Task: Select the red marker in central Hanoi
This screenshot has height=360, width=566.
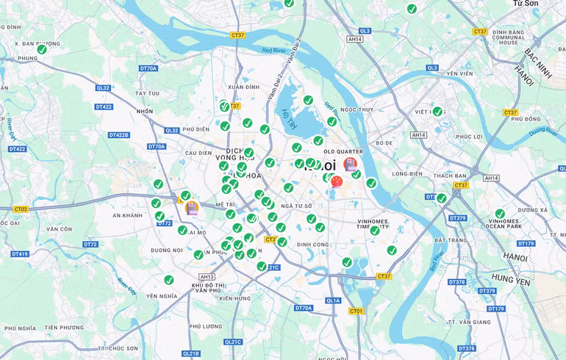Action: point(337,181)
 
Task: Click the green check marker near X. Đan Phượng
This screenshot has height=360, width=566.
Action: point(42,49)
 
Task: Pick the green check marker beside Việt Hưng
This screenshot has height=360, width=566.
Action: point(437,112)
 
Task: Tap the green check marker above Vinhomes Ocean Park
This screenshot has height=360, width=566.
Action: point(500,214)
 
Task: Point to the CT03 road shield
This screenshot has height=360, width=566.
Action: point(20,209)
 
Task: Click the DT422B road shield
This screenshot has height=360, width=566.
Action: point(118,135)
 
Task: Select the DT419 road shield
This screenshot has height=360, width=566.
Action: point(20,254)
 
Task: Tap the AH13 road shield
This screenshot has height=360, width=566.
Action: point(207,277)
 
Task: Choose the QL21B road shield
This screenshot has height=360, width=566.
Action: point(190,353)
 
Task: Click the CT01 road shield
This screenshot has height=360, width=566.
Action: point(356,311)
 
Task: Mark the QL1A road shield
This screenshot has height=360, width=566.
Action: point(333,300)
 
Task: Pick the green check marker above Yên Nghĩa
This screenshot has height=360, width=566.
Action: point(168,280)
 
